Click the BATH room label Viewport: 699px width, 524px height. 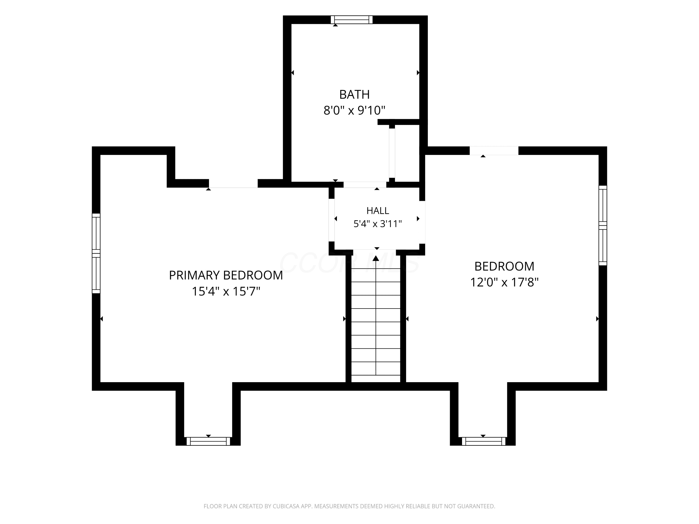pos(354,95)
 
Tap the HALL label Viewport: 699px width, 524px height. pos(378,211)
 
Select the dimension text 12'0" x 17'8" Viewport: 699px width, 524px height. pos(504,282)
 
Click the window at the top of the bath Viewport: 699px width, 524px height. pos(352,20)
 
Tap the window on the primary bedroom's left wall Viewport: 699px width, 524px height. pos(96,253)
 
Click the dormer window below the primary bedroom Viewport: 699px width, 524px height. pos(208,441)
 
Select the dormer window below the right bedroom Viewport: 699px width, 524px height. pos(484,441)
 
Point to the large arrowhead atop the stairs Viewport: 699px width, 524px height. pos(376,258)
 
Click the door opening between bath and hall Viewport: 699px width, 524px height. pos(365,185)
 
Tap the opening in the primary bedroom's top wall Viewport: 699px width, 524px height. pos(233,184)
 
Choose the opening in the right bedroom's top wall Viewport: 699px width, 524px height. pos(494,151)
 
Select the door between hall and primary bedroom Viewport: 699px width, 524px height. pos(332,220)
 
